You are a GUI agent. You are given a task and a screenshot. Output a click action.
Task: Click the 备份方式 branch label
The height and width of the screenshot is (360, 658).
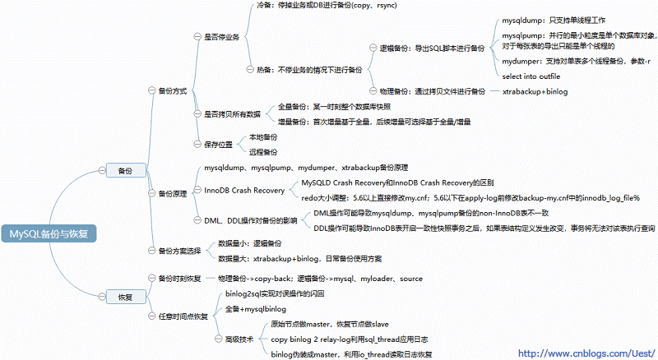pyautogui.click(x=175, y=90)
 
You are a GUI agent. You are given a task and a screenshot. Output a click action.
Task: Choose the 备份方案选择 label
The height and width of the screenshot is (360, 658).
pyautogui.click(x=178, y=250)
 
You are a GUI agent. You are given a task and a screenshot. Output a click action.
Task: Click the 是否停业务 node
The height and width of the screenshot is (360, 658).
pyautogui.click(x=220, y=37)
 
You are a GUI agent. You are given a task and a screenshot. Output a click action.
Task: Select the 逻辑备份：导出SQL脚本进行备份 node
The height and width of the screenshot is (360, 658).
pyautogui.click(x=432, y=48)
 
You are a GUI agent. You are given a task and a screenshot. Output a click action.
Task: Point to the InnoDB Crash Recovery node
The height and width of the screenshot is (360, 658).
pyautogui.click(x=244, y=191)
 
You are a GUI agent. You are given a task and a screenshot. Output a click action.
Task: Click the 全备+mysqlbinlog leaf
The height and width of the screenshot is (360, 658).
pyautogui.click(x=255, y=309)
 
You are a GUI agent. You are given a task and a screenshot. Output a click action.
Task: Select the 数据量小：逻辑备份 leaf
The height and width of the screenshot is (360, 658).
pyautogui.click(x=250, y=243)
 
